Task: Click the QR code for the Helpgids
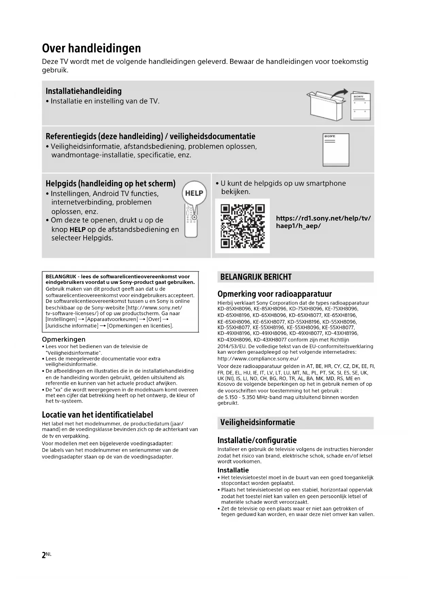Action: pos(242,226)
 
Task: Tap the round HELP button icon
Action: pos(194,193)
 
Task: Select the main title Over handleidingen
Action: pos(91,48)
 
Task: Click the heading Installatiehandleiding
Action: pos(84,91)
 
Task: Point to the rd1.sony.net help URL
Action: pos(323,222)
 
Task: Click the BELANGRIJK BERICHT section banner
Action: pos(295,277)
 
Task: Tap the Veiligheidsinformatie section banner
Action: pos(295,422)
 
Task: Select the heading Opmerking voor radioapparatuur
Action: pos(274,294)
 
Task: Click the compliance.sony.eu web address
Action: pos(258,358)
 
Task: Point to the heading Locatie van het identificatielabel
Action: pos(97,415)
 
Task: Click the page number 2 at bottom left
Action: pos(44,555)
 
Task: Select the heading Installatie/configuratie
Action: pos(257,440)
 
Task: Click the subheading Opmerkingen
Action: pos(64,339)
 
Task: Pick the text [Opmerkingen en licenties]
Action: pos(140,326)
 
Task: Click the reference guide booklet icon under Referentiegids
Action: pos(336,150)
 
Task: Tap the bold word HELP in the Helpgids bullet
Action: pos(77,229)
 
